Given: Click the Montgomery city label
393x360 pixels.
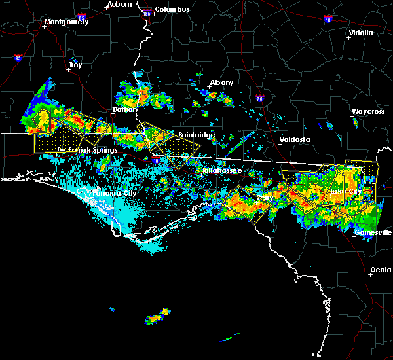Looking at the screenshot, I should click(65, 22).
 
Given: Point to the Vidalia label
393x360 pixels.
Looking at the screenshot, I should click(361, 33).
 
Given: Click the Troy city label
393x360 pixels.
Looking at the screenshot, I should click(75, 65).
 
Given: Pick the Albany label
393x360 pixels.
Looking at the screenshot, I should click(221, 83).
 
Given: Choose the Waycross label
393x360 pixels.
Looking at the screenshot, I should click(367, 111).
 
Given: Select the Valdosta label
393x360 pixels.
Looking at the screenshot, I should click(276, 139).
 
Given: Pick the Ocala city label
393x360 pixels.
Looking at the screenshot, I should click(381, 270).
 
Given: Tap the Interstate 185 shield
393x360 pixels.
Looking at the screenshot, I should click(147, 13).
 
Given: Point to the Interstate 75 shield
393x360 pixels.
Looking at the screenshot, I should click(261, 99).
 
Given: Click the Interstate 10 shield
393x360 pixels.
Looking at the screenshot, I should click(155, 159).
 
